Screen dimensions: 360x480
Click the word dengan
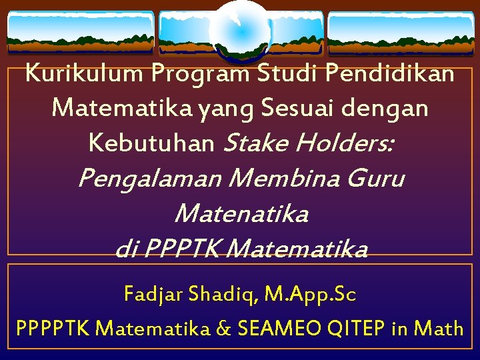391,107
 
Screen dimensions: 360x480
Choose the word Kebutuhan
151,143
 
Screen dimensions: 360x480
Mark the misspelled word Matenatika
241,214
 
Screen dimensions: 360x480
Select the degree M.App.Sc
310,294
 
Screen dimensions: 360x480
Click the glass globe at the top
239,30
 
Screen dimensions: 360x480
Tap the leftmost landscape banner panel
80,33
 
